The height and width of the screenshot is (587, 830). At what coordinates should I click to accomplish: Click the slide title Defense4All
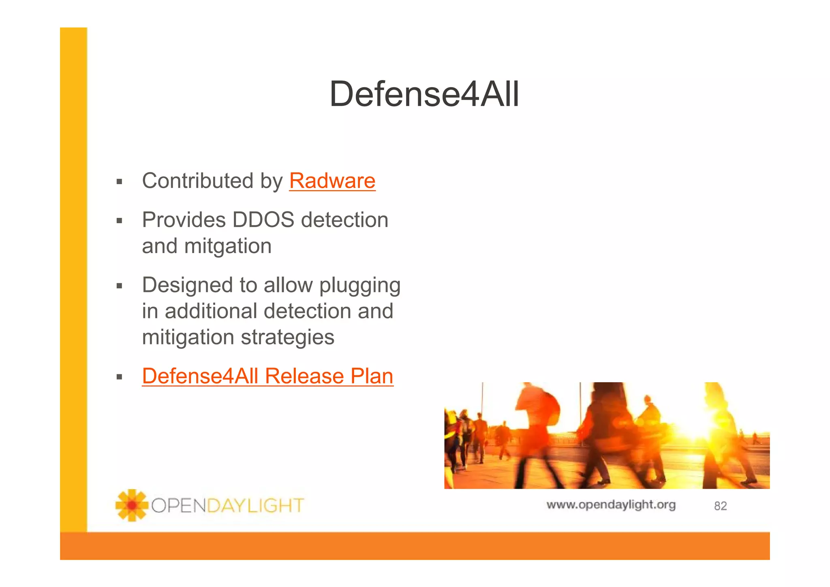pyautogui.click(x=424, y=94)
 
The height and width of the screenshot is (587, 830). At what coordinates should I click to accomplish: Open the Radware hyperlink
pyautogui.click(x=332, y=181)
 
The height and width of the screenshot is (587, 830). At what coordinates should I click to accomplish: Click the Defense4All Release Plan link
pyautogui.click(x=267, y=376)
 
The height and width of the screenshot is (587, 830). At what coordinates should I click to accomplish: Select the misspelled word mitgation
pyautogui.click(x=228, y=246)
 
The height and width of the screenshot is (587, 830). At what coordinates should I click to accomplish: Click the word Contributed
pyautogui.click(x=197, y=181)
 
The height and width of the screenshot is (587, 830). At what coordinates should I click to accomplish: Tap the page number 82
pyautogui.click(x=720, y=506)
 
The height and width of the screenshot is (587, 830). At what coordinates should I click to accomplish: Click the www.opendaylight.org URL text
pyautogui.click(x=611, y=505)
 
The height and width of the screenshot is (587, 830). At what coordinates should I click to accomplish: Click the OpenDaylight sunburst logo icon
pyautogui.click(x=131, y=505)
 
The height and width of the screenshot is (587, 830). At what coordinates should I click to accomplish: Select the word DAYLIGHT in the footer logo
pyautogui.click(x=255, y=506)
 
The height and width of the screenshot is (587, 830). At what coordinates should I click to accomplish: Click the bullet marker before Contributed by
pyautogui.click(x=119, y=182)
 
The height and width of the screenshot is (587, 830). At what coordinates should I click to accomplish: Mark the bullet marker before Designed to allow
pyautogui.click(x=119, y=286)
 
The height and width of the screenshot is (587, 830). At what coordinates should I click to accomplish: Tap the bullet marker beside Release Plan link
pyautogui.click(x=119, y=377)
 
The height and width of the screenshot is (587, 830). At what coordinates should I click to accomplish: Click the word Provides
pyautogui.click(x=184, y=220)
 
